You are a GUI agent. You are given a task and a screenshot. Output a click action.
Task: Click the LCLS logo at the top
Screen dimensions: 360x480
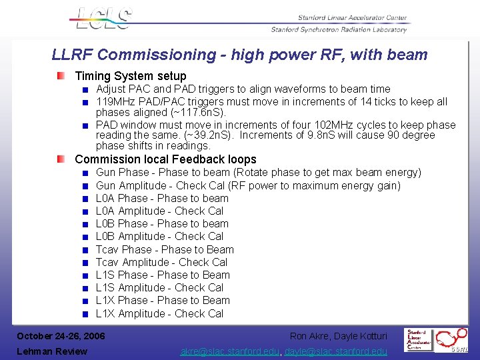[101, 18]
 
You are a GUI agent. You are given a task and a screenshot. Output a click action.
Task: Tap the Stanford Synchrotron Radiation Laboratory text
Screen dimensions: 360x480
[339, 29]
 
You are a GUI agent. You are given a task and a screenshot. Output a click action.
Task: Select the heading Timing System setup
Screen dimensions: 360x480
[131, 76]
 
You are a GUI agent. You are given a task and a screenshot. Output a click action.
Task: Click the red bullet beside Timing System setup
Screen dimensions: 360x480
[61, 76]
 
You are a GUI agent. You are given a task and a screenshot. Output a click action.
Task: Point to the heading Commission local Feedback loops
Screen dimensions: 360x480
[165, 159]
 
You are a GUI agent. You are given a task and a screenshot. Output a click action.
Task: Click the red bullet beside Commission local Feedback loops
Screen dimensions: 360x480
[61, 159]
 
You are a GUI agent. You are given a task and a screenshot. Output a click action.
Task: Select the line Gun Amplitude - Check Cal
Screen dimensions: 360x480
[248, 185]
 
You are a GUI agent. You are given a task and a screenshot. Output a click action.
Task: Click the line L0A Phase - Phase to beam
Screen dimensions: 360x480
[162, 198]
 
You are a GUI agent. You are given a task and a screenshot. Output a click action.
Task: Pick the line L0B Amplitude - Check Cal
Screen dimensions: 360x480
[159, 237]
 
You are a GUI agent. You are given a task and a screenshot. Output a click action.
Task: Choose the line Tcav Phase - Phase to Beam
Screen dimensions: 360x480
[165, 249]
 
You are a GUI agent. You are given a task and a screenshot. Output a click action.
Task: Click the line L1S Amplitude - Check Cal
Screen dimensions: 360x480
[159, 288]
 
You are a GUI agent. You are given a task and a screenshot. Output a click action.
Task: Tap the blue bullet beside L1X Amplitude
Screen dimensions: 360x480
[85, 314]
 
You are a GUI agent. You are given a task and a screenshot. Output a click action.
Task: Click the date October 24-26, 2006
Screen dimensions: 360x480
[61, 335]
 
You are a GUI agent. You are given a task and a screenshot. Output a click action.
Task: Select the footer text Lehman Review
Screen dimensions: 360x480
[52, 351]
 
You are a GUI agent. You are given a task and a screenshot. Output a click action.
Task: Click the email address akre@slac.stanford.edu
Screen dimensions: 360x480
[230, 351]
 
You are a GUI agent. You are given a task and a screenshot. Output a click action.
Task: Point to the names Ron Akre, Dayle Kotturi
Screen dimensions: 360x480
[338, 335]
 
